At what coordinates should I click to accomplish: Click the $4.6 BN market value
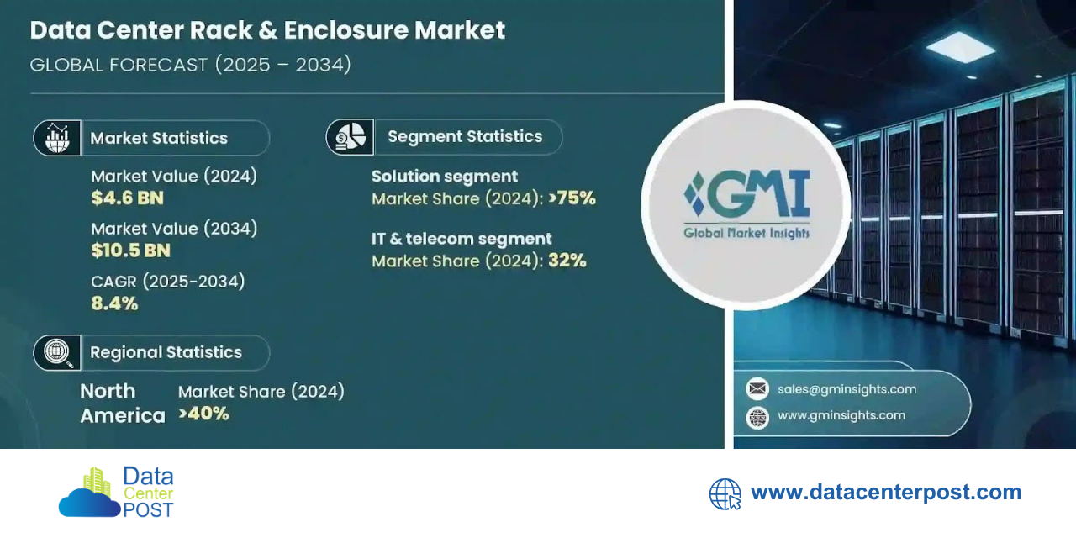tap(127, 198)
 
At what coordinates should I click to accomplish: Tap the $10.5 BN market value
tap(130, 251)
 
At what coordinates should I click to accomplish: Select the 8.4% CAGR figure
tap(114, 303)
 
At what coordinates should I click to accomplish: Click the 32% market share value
tap(567, 261)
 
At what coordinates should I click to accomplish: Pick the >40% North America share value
tap(203, 414)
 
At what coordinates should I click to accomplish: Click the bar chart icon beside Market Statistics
tap(57, 138)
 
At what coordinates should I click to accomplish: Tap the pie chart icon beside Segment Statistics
tap(350, 137)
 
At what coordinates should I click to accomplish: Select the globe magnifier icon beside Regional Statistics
tap(57, 352)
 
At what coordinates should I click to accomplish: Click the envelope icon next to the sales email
tap(757, 388)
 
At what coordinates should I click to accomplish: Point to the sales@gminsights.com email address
tap(847, 389)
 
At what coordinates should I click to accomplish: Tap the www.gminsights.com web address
tap(841, 415)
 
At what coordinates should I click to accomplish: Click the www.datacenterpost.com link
tap(886, 493)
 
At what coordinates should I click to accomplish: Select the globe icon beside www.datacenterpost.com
tap(725, 494)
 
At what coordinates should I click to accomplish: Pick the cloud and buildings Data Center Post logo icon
tap(90, 493)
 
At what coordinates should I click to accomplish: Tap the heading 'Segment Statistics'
tap(465, 136)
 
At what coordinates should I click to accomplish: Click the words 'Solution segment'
tap(445, 177)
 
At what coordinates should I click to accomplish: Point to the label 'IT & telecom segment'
tap(462, 239)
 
